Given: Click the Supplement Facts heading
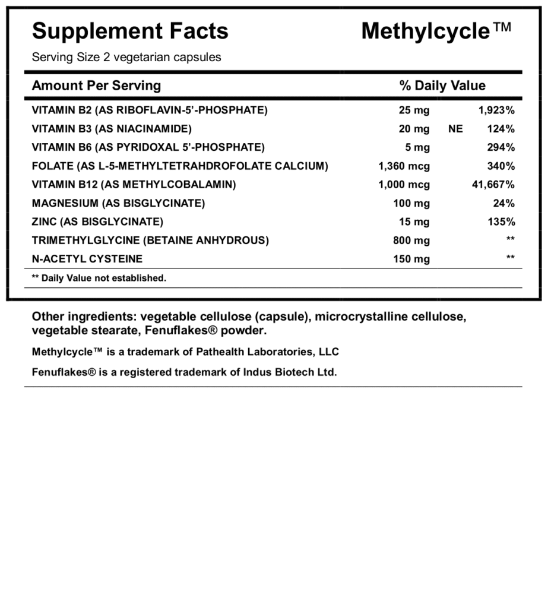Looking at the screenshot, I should click(130, 31).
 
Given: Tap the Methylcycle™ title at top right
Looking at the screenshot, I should click(436, 31).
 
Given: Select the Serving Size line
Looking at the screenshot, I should click(126, 58).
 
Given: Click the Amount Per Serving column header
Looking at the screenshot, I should click(96, 85).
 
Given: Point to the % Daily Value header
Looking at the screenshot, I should click(442, 85).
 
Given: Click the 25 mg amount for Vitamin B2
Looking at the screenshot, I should click(414, 110).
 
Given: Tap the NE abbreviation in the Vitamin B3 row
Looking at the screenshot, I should click(455, 129).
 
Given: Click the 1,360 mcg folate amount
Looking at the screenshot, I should click(404, 166).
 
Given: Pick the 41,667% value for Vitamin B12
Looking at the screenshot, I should click(493, 185).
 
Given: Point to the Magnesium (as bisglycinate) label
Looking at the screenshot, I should click(118, 203).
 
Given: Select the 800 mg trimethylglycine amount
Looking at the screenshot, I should click(411, 240).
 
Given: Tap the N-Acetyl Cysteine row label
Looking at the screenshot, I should click(87, 259).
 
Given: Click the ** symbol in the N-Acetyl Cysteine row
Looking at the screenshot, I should click(510, 259).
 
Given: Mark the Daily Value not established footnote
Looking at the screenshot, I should click(99, 278).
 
